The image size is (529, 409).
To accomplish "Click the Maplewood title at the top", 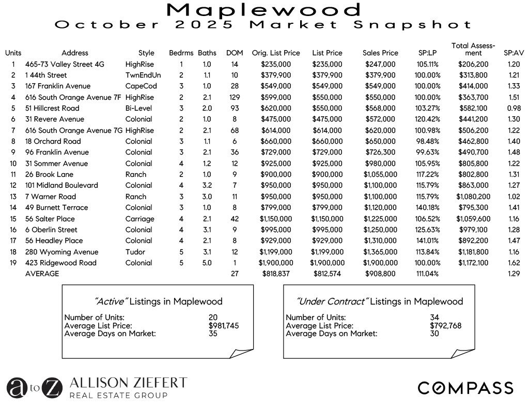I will [x=264, y=9].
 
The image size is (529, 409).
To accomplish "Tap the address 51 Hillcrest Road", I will [x=52, y=108].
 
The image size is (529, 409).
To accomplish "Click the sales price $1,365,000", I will [x=380, y=252].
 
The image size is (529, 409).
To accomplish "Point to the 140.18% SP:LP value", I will [x=428, y=207].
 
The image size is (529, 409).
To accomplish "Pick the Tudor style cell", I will [x=135, y=252].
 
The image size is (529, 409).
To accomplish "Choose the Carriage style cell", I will [x=139, y=219].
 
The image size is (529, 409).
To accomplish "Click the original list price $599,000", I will [x=276, y=97].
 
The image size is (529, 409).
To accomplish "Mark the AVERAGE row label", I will [x=42, y=274].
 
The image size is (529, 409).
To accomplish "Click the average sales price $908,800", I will [x=380, y=274].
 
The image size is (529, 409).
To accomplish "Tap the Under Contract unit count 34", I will [x=434, y=317].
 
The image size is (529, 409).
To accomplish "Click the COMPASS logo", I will [x=465, y=388].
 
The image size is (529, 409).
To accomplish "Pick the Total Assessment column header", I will [x=473, y=49].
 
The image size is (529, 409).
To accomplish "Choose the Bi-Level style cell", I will [x=138, y=108].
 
